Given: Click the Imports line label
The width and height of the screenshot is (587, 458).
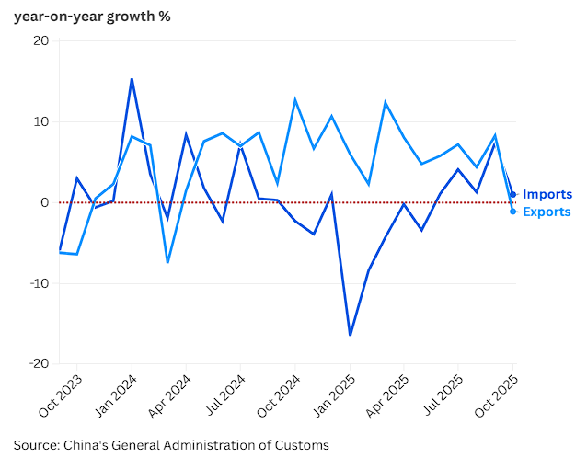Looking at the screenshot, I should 547,194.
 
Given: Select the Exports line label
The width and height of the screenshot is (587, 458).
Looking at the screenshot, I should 547,212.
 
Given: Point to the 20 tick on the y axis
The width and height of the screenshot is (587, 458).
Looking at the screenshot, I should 41,41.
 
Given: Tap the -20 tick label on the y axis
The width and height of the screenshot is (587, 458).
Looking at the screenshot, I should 38,363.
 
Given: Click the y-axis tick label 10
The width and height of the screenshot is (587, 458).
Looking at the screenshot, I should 41,121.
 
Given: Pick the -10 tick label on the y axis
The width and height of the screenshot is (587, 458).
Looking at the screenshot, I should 38,282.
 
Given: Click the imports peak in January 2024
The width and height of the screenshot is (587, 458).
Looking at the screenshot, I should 132,79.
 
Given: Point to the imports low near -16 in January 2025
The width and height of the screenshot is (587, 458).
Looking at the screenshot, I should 350,335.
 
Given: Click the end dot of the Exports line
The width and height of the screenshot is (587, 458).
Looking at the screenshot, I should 512,212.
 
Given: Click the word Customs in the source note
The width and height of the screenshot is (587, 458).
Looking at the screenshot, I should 299,445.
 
